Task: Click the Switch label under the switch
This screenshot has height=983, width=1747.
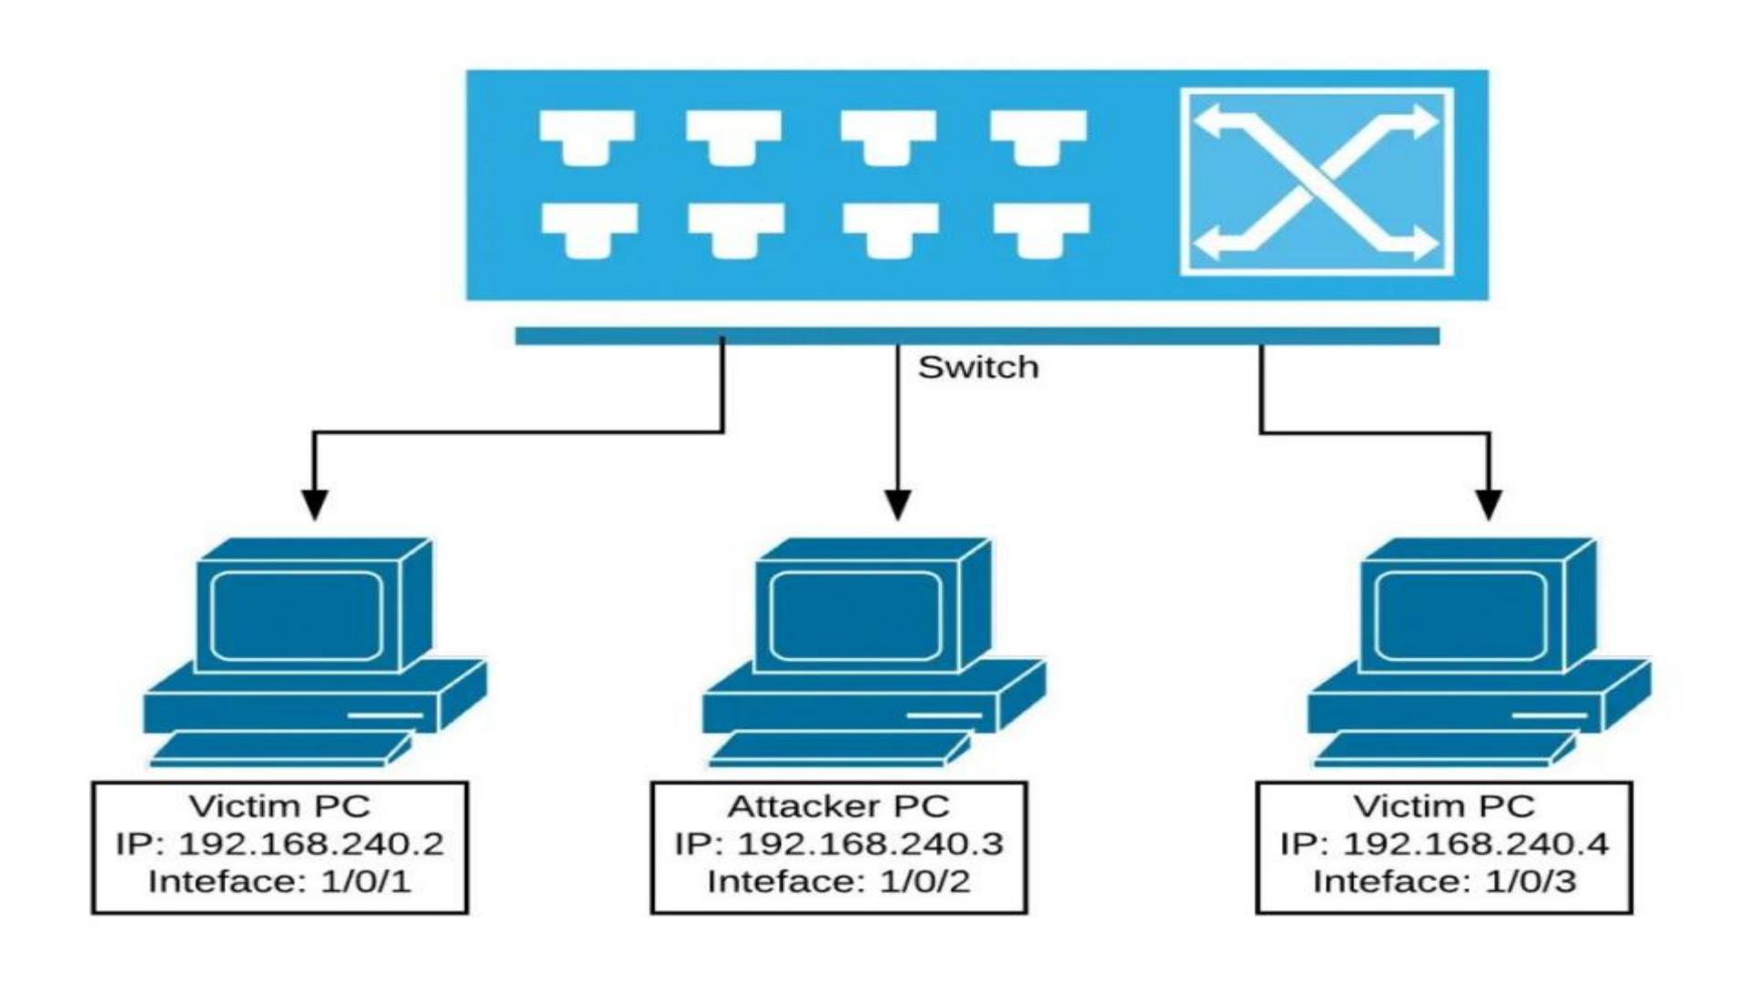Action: [x=977, y=368]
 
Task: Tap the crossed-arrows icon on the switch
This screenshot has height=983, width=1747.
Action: [x=1316, y=182]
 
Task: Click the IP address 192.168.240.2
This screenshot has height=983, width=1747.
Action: [x=310, y=845]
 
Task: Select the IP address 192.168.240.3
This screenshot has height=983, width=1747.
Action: [x=869, y=845]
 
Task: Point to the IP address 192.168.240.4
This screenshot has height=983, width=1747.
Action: [x=1475, y=845]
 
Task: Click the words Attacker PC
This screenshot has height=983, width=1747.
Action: [x=838, y=806]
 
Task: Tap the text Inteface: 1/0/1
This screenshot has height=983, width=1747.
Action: [x=279, y=882]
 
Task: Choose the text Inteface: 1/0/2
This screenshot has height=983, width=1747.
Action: [x=838, y=882]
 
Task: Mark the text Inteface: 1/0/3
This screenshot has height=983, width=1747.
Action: [x=1444, y=882]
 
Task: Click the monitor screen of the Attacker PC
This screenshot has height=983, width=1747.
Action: [x=855, y=615]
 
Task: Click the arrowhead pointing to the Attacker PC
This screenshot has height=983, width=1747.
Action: [x=898, y=504]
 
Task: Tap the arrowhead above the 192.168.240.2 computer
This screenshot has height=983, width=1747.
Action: [x=315, y=504]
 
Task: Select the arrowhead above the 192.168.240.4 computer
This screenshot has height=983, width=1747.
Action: [x=1489, y=504]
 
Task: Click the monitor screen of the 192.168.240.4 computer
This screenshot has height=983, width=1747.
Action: [x=1460, y=615]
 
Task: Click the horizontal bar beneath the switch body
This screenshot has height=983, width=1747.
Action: [x=976, y=336]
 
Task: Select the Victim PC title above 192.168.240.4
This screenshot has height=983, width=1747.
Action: [x=1444, y=806]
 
